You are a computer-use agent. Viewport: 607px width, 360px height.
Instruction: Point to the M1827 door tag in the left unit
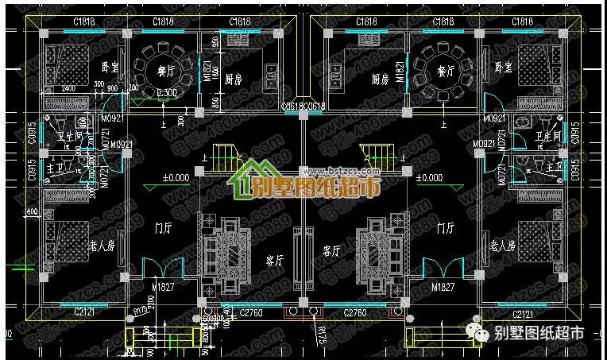pos(162,285)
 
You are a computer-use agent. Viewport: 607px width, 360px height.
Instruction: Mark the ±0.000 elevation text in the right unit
pos(429,178)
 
